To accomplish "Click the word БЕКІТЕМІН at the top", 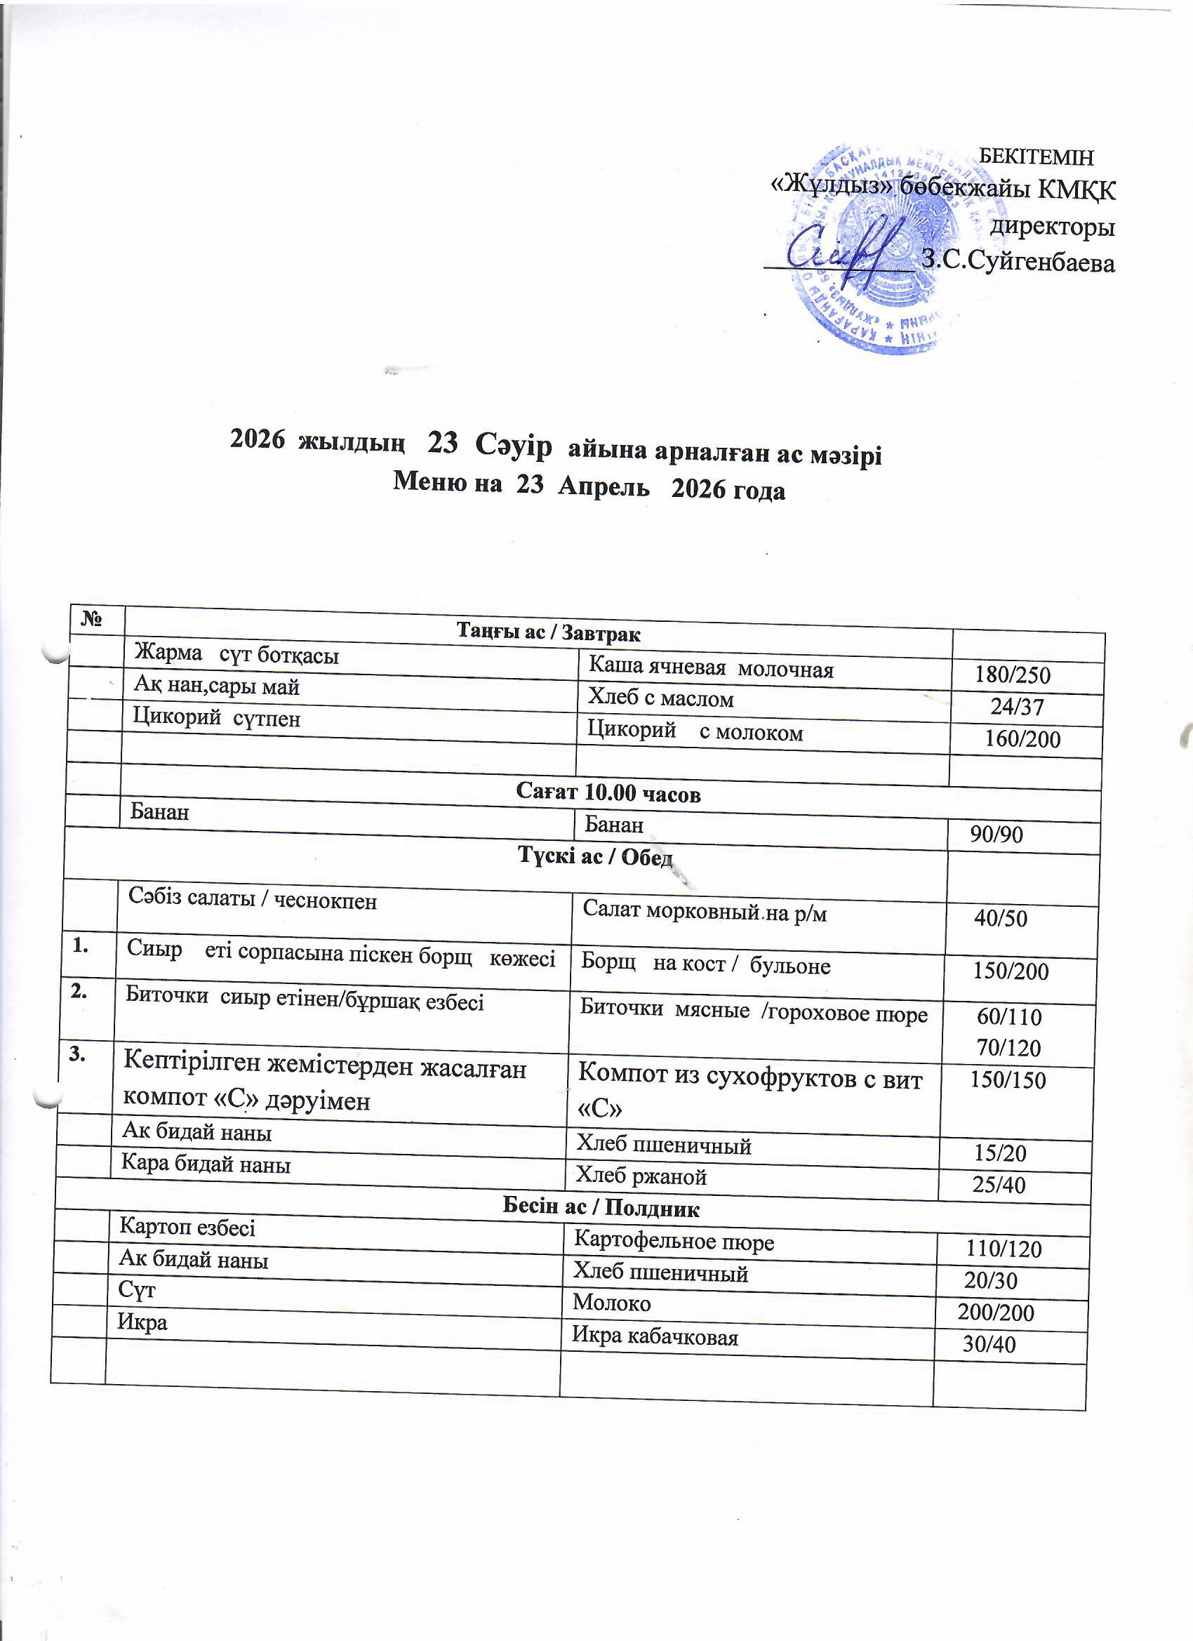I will click(1035, 157).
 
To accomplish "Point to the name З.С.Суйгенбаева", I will click(1018, 263).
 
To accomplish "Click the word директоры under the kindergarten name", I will click(1052, 227).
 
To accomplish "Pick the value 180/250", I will click(1012, 675).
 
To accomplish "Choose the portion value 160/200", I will click(1022, 739).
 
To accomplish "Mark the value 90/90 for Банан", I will click(997, 835).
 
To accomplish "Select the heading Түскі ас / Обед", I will click(595, 856).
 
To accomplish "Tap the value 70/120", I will click(1008, 1048).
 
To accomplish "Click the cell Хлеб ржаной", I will click(640, 1176).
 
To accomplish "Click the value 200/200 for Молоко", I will click(996, 1312).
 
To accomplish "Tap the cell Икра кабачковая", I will click(655, 1336).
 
